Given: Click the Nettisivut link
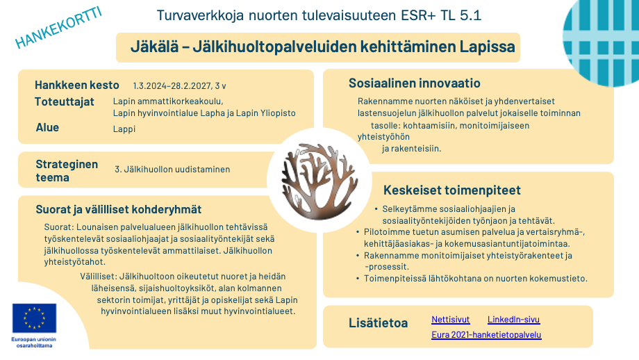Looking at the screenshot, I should coord(450,320).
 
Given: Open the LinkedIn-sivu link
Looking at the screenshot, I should coord(513,320).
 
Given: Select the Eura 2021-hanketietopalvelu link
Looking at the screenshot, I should coord(486,335).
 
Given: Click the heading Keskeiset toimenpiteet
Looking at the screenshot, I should coord(452,190).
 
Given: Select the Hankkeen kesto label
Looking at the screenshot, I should coord(77,85).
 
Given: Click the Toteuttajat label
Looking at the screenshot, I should coord(65,102).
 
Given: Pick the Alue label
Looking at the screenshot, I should coord(48,128).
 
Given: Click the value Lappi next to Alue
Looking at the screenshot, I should coord(124,129).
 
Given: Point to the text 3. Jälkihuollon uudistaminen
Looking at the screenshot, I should coord(172,169).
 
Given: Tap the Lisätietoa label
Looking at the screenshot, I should coord(379,323).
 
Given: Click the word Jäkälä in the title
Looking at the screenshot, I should coord(153,48).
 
